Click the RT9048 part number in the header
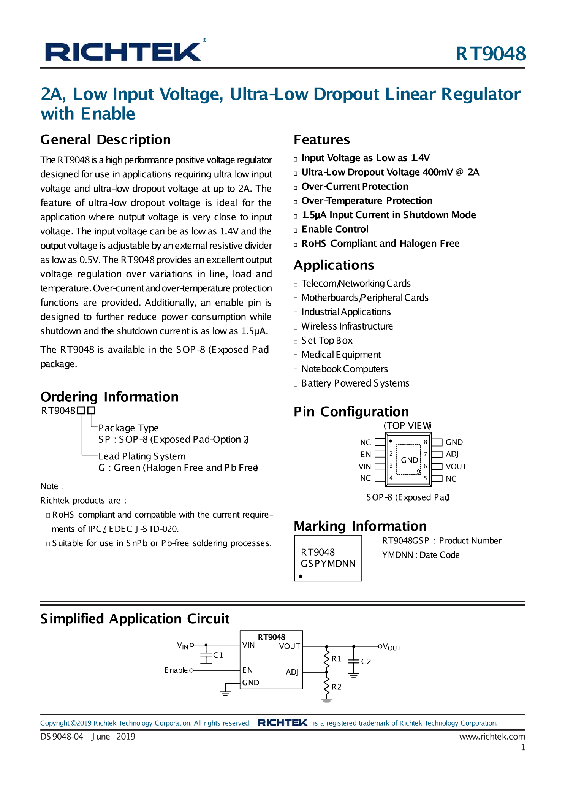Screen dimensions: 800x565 point(491,54)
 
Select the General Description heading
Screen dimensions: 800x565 point(106,139)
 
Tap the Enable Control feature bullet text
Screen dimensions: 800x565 point(335,229)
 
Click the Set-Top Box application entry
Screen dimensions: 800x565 point(327,341)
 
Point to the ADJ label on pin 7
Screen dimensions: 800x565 point(452,454)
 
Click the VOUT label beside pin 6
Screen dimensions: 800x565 point(456,466)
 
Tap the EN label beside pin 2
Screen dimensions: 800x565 point(366,455)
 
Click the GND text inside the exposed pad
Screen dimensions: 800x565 point(409,460)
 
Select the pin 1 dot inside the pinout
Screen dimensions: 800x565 point(391,441)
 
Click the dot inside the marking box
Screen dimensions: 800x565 point(301,576)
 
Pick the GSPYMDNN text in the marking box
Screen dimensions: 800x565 point(328,564)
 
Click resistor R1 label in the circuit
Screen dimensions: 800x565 point(337,659)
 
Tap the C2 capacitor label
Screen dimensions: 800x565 point(366,662)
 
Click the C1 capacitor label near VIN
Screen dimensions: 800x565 point(218,655)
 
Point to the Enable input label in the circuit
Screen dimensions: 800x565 point(176,670)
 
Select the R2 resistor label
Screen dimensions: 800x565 point(337,687)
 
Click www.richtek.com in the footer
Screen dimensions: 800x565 point(492,737)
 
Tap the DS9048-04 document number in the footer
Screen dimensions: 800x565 point(62,737)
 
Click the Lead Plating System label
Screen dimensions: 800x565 point(142,456)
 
